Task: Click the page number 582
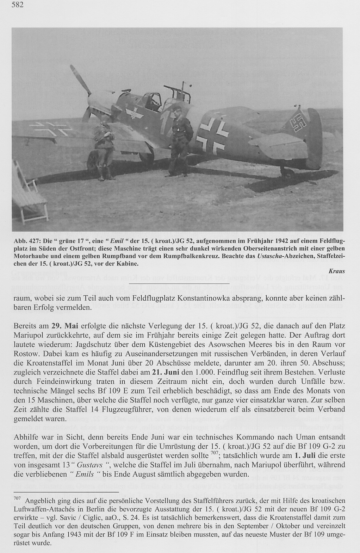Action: (17, 6)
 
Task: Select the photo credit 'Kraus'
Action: (336, 271)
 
